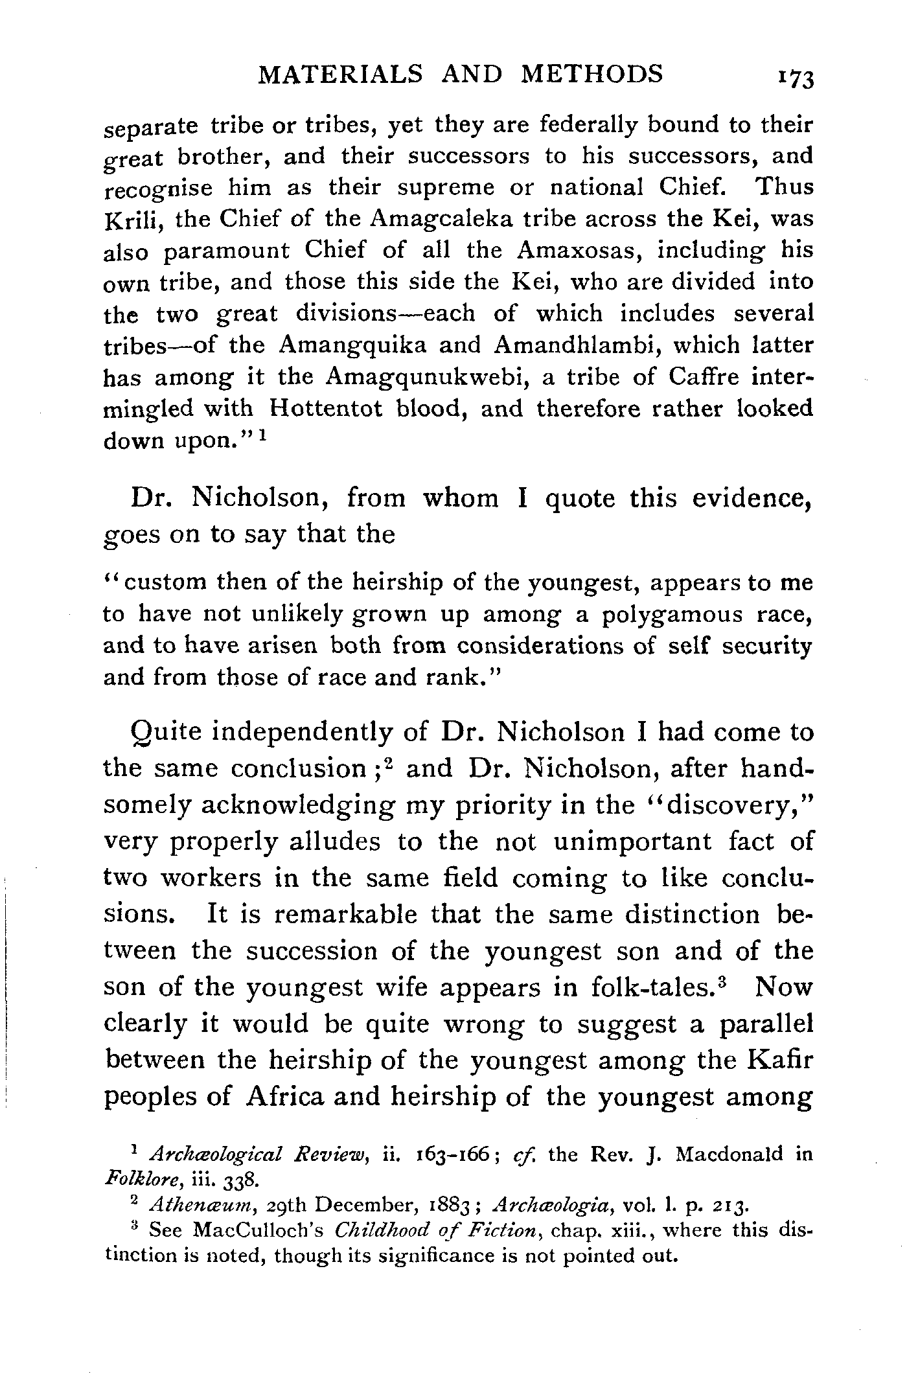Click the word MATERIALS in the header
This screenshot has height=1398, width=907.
(x=339, y=74)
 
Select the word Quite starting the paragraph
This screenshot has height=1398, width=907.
(x=166, y=733)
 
